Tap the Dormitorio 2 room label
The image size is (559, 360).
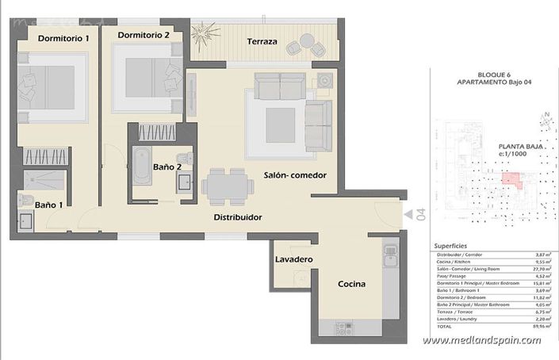tap(144, 35)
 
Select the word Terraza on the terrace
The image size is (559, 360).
tap(262, 41)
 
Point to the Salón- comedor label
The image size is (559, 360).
tap(295, 175)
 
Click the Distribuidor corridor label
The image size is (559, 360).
tap(238, 216)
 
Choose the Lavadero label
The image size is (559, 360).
tap(294, 260)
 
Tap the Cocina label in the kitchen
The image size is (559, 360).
tap(351, 284)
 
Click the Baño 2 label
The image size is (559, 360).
tap(168, 167)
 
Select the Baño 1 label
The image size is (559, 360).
tap(49, 205)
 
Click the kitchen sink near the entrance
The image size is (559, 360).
tap(390, 255)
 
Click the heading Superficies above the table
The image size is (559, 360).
tap(451, 246)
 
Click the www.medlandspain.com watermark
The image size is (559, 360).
tap(481, 340)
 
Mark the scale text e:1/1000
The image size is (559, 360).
tap(513, 154)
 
